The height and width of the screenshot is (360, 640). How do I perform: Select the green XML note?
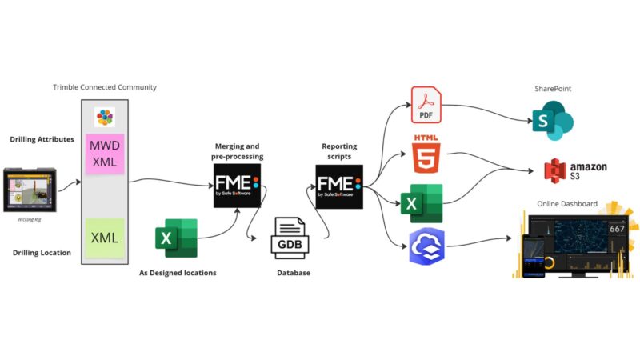coord(105,238)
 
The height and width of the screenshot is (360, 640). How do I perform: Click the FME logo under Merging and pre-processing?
coord(237,185)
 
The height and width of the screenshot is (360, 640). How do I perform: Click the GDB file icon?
coord(289,238)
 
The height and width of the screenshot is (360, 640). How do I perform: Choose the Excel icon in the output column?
coord(422,202)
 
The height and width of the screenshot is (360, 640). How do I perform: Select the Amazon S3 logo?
coord(575,170)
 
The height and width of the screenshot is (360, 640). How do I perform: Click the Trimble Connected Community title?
coord(105,86)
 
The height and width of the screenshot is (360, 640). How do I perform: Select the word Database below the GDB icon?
coord(291,273)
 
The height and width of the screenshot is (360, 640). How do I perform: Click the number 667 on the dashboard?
coord(618,228)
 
